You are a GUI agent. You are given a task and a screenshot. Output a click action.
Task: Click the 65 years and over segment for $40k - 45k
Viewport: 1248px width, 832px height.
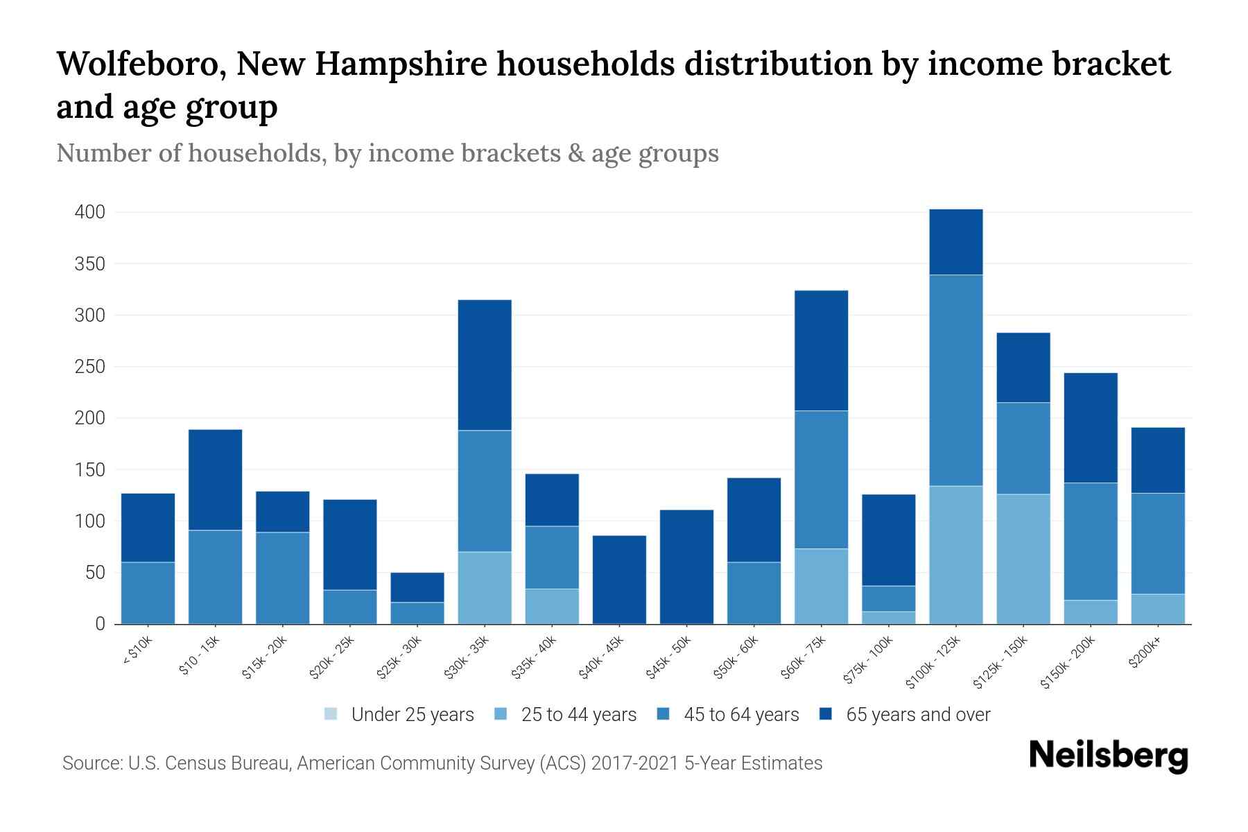[619, 579]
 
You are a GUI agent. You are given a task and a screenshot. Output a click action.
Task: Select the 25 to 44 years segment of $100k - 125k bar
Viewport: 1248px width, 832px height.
[956, 555]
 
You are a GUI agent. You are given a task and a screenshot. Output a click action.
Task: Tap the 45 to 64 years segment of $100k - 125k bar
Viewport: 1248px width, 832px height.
[956, 380]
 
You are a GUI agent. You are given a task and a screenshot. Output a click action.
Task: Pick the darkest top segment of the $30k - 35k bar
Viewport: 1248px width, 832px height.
[485, 365]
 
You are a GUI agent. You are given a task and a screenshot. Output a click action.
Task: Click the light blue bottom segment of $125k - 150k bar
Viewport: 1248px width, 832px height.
[1023, 559]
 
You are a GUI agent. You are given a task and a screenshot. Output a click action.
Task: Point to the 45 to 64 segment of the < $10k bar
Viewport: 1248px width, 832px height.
[148, 593]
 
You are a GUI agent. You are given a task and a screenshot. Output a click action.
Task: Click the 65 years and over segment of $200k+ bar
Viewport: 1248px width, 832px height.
[1158, 460]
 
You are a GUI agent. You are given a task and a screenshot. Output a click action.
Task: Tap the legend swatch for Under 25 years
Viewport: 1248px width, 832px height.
[331, 714]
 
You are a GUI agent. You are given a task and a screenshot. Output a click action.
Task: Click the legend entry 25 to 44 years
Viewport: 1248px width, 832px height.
[578, 714]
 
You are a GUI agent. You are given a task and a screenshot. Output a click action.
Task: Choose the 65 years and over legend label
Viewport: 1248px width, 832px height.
[918, 714]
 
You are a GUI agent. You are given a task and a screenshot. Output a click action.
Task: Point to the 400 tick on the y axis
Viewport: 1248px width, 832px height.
[90, 212]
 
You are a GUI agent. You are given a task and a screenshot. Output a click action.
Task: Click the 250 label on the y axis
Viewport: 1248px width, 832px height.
[90, 367]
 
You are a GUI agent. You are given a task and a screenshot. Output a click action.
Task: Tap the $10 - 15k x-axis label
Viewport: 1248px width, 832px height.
[200, 656]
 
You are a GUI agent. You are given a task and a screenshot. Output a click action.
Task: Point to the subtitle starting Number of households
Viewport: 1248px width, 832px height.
[387, 153]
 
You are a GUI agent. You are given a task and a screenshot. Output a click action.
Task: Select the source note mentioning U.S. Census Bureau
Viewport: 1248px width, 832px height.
[442, 763]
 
